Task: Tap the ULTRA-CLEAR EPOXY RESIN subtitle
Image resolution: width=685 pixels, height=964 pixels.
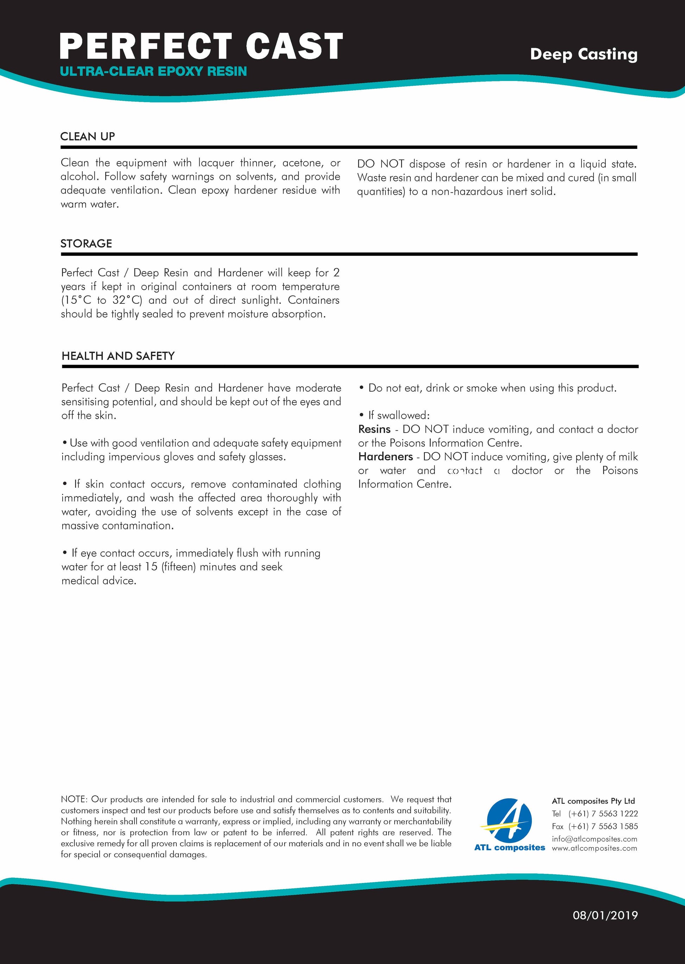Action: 153,71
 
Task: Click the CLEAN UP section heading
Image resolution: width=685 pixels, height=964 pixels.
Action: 88,137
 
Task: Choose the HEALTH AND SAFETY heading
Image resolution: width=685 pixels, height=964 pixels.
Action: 118,356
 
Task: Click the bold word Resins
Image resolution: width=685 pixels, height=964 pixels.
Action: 375,429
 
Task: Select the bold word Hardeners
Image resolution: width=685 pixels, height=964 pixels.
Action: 385,457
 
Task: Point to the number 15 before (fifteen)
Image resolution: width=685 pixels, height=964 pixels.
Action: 151,567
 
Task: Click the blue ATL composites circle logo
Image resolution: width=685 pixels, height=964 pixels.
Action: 509,819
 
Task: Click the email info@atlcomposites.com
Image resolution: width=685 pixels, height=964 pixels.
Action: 594,839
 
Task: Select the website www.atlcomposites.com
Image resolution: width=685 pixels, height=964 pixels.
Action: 594,848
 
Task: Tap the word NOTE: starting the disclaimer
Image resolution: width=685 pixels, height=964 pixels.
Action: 74,800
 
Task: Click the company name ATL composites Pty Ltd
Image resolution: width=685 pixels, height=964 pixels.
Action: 593,801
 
